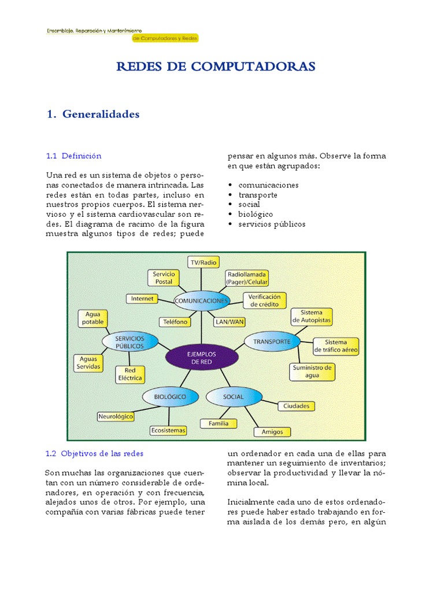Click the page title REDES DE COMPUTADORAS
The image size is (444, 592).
[x=216, y=66]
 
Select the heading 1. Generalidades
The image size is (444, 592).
[x=93, y=114]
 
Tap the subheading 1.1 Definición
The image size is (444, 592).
[x=73, y=156]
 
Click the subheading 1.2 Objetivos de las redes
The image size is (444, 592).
[x=94, y=453]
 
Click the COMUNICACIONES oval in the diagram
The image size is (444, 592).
[x=202, y=301]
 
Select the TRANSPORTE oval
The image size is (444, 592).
[x=272, y=342]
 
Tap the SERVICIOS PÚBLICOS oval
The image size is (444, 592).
[x=129, y=342]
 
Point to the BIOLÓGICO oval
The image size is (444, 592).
[x=170, y=397]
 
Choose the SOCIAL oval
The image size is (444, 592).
[x=233, y=397]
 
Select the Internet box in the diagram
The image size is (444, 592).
[x=142, y=298]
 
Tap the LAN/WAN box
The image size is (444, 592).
[x=230, y=322]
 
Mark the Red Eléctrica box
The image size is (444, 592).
[x=130, y=375]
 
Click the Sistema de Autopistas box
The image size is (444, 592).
[x=312, y=316]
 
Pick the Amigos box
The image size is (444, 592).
[x=272, y=431]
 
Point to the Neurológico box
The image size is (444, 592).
[x=116, y=416]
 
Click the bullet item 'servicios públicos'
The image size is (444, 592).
[x=272, y=224]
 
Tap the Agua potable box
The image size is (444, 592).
[x=93, y=319]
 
